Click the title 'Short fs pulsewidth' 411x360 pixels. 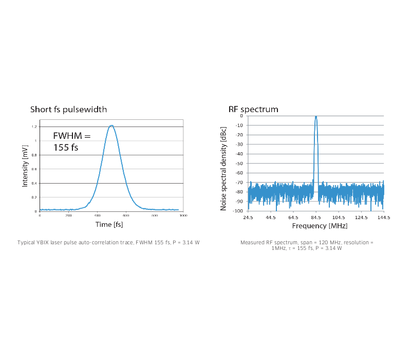68,109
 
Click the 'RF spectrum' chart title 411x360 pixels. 253,109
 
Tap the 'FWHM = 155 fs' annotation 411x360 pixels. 72,141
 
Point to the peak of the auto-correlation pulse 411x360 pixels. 111,125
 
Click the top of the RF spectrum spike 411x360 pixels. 316,116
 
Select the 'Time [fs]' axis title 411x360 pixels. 109,224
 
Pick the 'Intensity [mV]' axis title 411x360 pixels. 25,167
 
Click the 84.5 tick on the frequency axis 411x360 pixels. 316,218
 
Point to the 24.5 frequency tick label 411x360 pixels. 248,218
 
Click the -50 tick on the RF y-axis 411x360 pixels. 239,163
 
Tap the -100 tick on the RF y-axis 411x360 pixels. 238,210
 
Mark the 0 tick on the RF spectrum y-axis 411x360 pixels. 241,116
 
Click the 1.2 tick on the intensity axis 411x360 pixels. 34,127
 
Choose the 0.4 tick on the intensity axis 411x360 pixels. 34,183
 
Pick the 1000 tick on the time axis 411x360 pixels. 183,215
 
